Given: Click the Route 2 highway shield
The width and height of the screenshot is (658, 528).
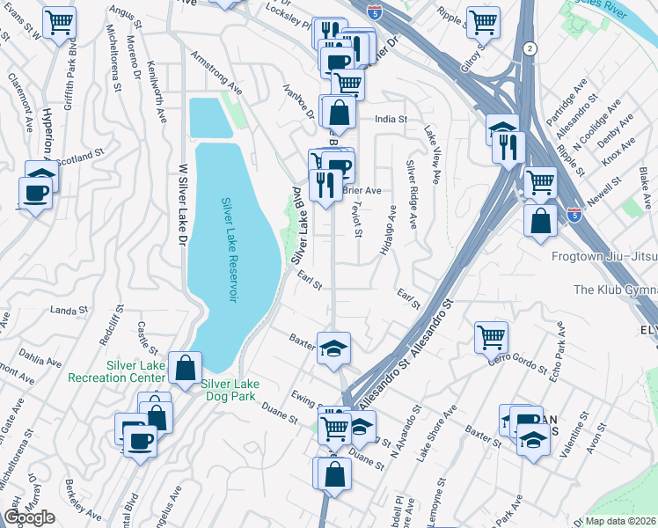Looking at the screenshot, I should pyautogui.click(x=527, y=48).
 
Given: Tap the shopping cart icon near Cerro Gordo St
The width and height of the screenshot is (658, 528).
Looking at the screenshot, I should pyautogui.click(x=491, y=335).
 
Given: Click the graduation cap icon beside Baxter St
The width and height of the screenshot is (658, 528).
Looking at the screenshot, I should pyautogui.click(x=333, y=348).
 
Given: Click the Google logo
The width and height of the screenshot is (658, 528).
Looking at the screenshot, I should pyautogui.click(x=29, y=517).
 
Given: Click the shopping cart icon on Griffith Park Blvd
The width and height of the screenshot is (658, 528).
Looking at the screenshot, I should pyautogui.click(x=59, y=22).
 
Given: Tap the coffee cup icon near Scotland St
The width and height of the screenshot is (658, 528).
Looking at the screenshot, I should pyautogui.click(x=35, y=192).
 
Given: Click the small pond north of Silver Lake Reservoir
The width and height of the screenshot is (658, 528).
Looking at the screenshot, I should pyautogui.click(x=206, y=117).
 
